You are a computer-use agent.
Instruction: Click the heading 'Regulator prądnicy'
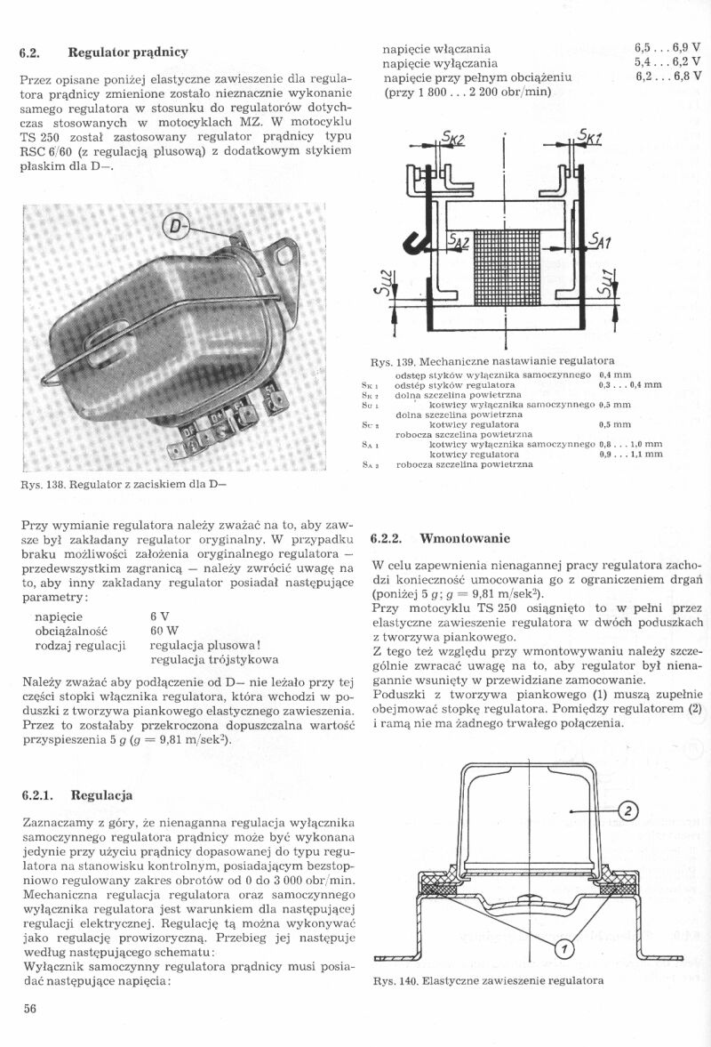(x=127, y=52)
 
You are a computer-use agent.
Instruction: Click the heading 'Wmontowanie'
(x=465, y=538)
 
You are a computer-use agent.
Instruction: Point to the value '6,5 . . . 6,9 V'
(x=667, y=47)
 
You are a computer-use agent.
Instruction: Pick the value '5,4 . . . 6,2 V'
(x=667, y=62)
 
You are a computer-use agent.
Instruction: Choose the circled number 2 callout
(x=627, y=810)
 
